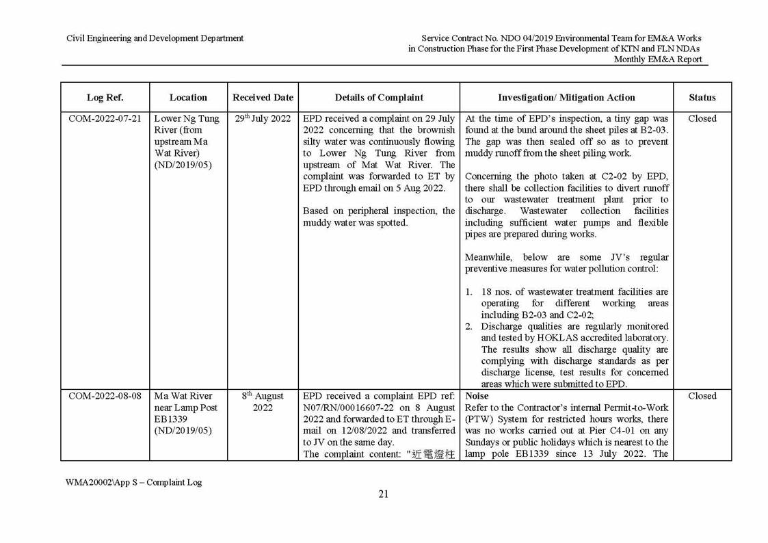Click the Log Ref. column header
pos(105,97)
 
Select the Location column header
pos(188,97)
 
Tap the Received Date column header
pos(263,97)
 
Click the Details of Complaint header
pos(379,97)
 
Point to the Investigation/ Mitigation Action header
pos(566,97)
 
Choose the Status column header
pos(702,97)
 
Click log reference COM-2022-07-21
pos(105,118)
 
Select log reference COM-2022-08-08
pos(105,396)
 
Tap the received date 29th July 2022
pos(263,118)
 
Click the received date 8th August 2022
pos(263,402)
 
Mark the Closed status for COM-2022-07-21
pos(702,118)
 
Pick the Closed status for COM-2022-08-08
pos(702,396)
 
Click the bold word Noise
pos(477,396)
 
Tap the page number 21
pos(383,494)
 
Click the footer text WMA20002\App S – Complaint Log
pos(133,482)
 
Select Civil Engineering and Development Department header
pos(155,38)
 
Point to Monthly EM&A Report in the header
pos(657,59)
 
